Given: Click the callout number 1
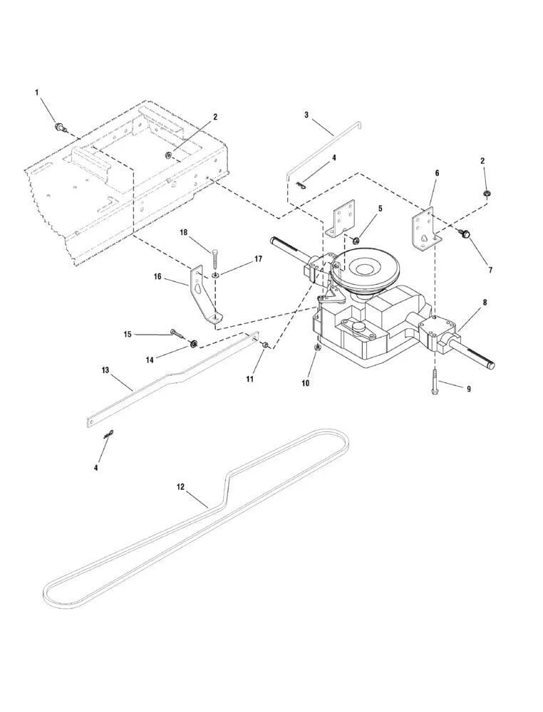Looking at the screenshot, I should (x=36, y=92).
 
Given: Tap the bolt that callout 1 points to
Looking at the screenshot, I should (x=60, y=127).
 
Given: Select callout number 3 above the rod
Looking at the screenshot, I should (x=306, y=114).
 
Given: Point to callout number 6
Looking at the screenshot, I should (x=436, y=173).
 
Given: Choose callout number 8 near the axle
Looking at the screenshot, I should (x=485, y=302).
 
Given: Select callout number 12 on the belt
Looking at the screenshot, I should (x=180, y=487).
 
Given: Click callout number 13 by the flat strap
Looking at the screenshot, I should (x=105, y=370).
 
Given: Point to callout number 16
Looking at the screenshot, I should (x=159, y=276).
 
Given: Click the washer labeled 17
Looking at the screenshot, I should (x=214, y=274).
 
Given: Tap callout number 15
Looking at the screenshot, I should (x=128, y=333).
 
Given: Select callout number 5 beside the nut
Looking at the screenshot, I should (x=380, y=209).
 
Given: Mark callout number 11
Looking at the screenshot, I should (x=250, y=379).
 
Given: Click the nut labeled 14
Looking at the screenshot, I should (x=192, y=344).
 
